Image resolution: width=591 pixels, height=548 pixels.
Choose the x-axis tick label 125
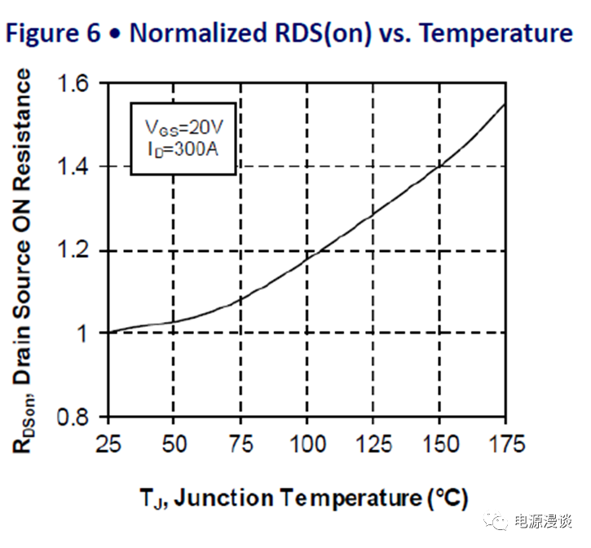click(x=373, y=444)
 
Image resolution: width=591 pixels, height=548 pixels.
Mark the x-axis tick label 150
click(x=439, y=444)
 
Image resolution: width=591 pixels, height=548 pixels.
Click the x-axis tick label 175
click(x=505, y=444)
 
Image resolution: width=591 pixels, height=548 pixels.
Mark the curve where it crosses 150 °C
click(x=440, y=166)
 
